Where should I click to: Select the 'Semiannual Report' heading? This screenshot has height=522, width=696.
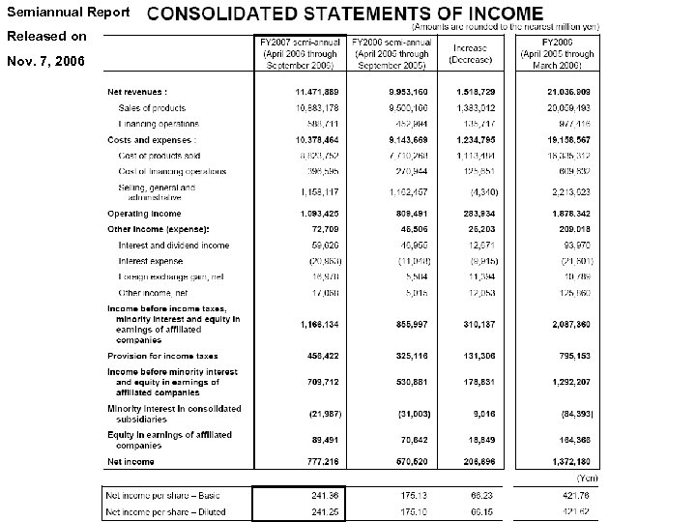[47, 11]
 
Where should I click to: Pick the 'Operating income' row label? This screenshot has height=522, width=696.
[144, 213]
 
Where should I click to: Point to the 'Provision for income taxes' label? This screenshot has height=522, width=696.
[162, 357]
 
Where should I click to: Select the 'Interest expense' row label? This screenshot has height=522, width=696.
[150, 261]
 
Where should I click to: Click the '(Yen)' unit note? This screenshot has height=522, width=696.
[586, 478]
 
